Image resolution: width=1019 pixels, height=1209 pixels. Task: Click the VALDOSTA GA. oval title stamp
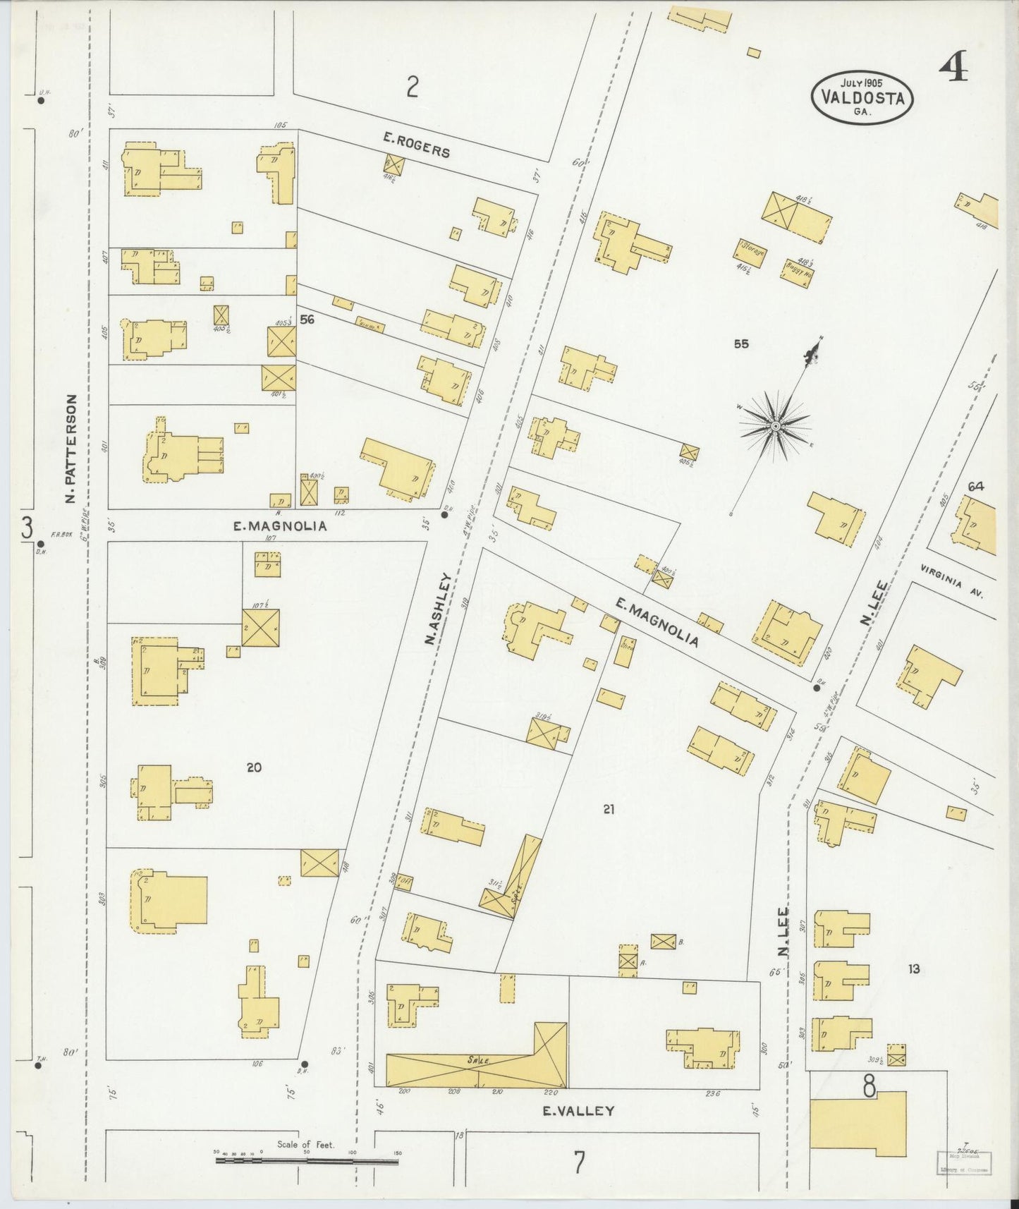click(x=862, y=98)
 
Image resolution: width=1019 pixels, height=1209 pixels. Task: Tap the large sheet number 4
click(x=953, y=68)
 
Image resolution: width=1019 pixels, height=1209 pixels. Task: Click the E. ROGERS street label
click(x=416, y=145)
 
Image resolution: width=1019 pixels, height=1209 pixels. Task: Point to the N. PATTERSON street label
click(x=71, y=449)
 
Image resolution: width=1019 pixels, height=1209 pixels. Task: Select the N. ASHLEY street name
click(x=438, y=608)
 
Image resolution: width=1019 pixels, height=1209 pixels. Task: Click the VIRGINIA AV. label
click(x=951, y=581)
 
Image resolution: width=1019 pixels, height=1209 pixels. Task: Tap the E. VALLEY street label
click(x=578, y=1110)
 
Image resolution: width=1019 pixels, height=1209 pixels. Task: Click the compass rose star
click(x=775, y=426)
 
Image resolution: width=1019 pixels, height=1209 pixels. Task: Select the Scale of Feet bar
click(x=306, y=1160)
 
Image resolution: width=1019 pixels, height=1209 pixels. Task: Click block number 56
click(x=307, y=320)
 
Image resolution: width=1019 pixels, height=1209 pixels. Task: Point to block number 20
click(x=254, y=767)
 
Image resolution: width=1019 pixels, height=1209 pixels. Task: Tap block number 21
click(x=609, y=809)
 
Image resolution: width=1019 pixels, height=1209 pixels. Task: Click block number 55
click(x=740, y=344)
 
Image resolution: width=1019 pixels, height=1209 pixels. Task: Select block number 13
click(x=913, y=969)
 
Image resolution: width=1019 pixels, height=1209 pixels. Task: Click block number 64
click(x=975, y=486)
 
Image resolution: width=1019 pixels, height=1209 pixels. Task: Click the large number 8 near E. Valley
click(x=869, y=1087)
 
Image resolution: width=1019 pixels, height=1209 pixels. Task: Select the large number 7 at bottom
click(x=578, y=1162)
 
